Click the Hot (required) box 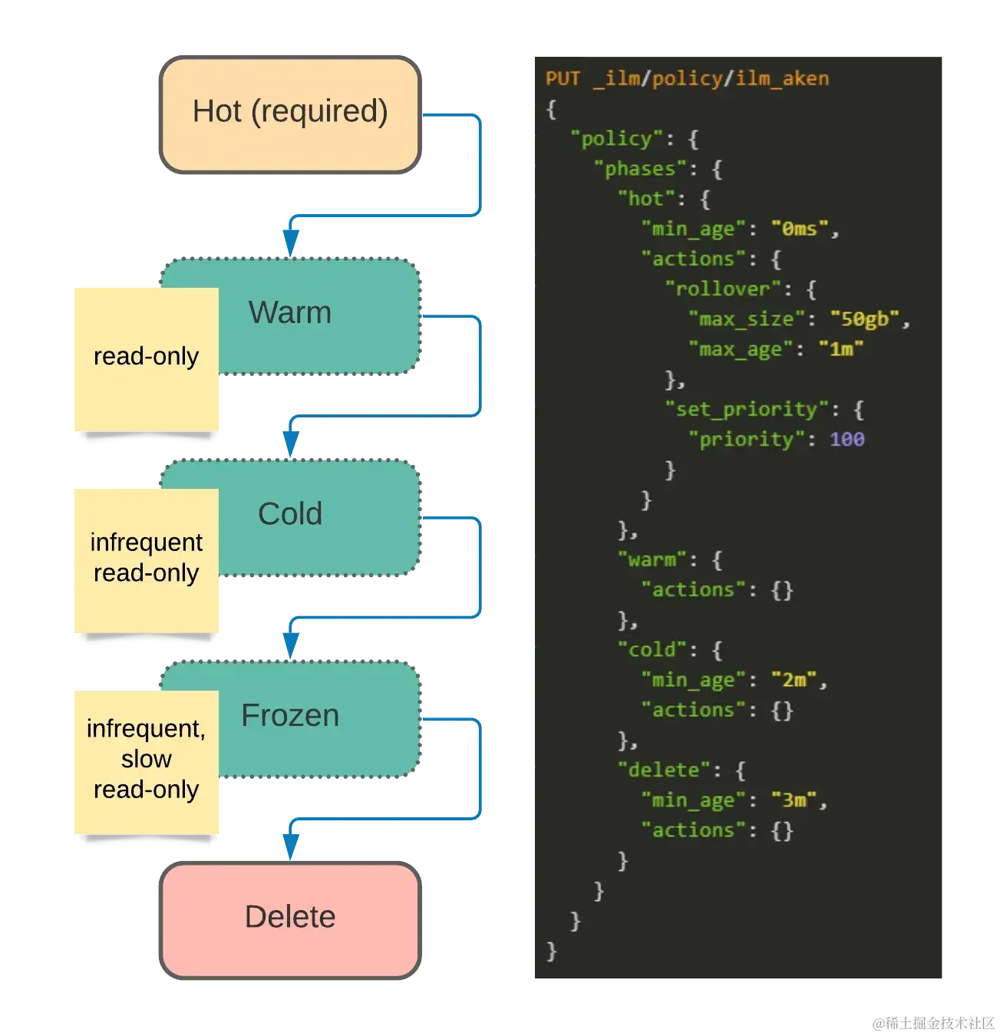pyautogui.click(x=290, y=114)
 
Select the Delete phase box pyautogui.click(x=290, y=919)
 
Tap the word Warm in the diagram pyautogui.click(x=290, y=313)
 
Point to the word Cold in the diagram pyautogui.click(x=290, y=514)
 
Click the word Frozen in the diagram pyautogui.click(x=290, y=716)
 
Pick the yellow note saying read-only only pyautogui.click(x=147, y=357)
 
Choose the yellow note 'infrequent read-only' pyautogui.click(x=147, y=559)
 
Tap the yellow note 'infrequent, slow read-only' pyautogui.click(x=147, y=760)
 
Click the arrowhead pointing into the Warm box pyautogui.click(x=290, y=243)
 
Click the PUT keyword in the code pyautogui.click(x=563, y=79)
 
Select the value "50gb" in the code pyautogui.click(x=865, y=319)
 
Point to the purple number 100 pyautogui.click(x=847, y=440)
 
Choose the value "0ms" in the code pyautogui.click(x=800, y=229)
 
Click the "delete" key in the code pyautogui.click(x=664, y=770)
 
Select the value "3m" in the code pyautogui.click(x=794, y=800)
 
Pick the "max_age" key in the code pyautogui.click(x=741, y=350)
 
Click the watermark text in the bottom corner pyautogui.click(x=932, y=1022)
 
